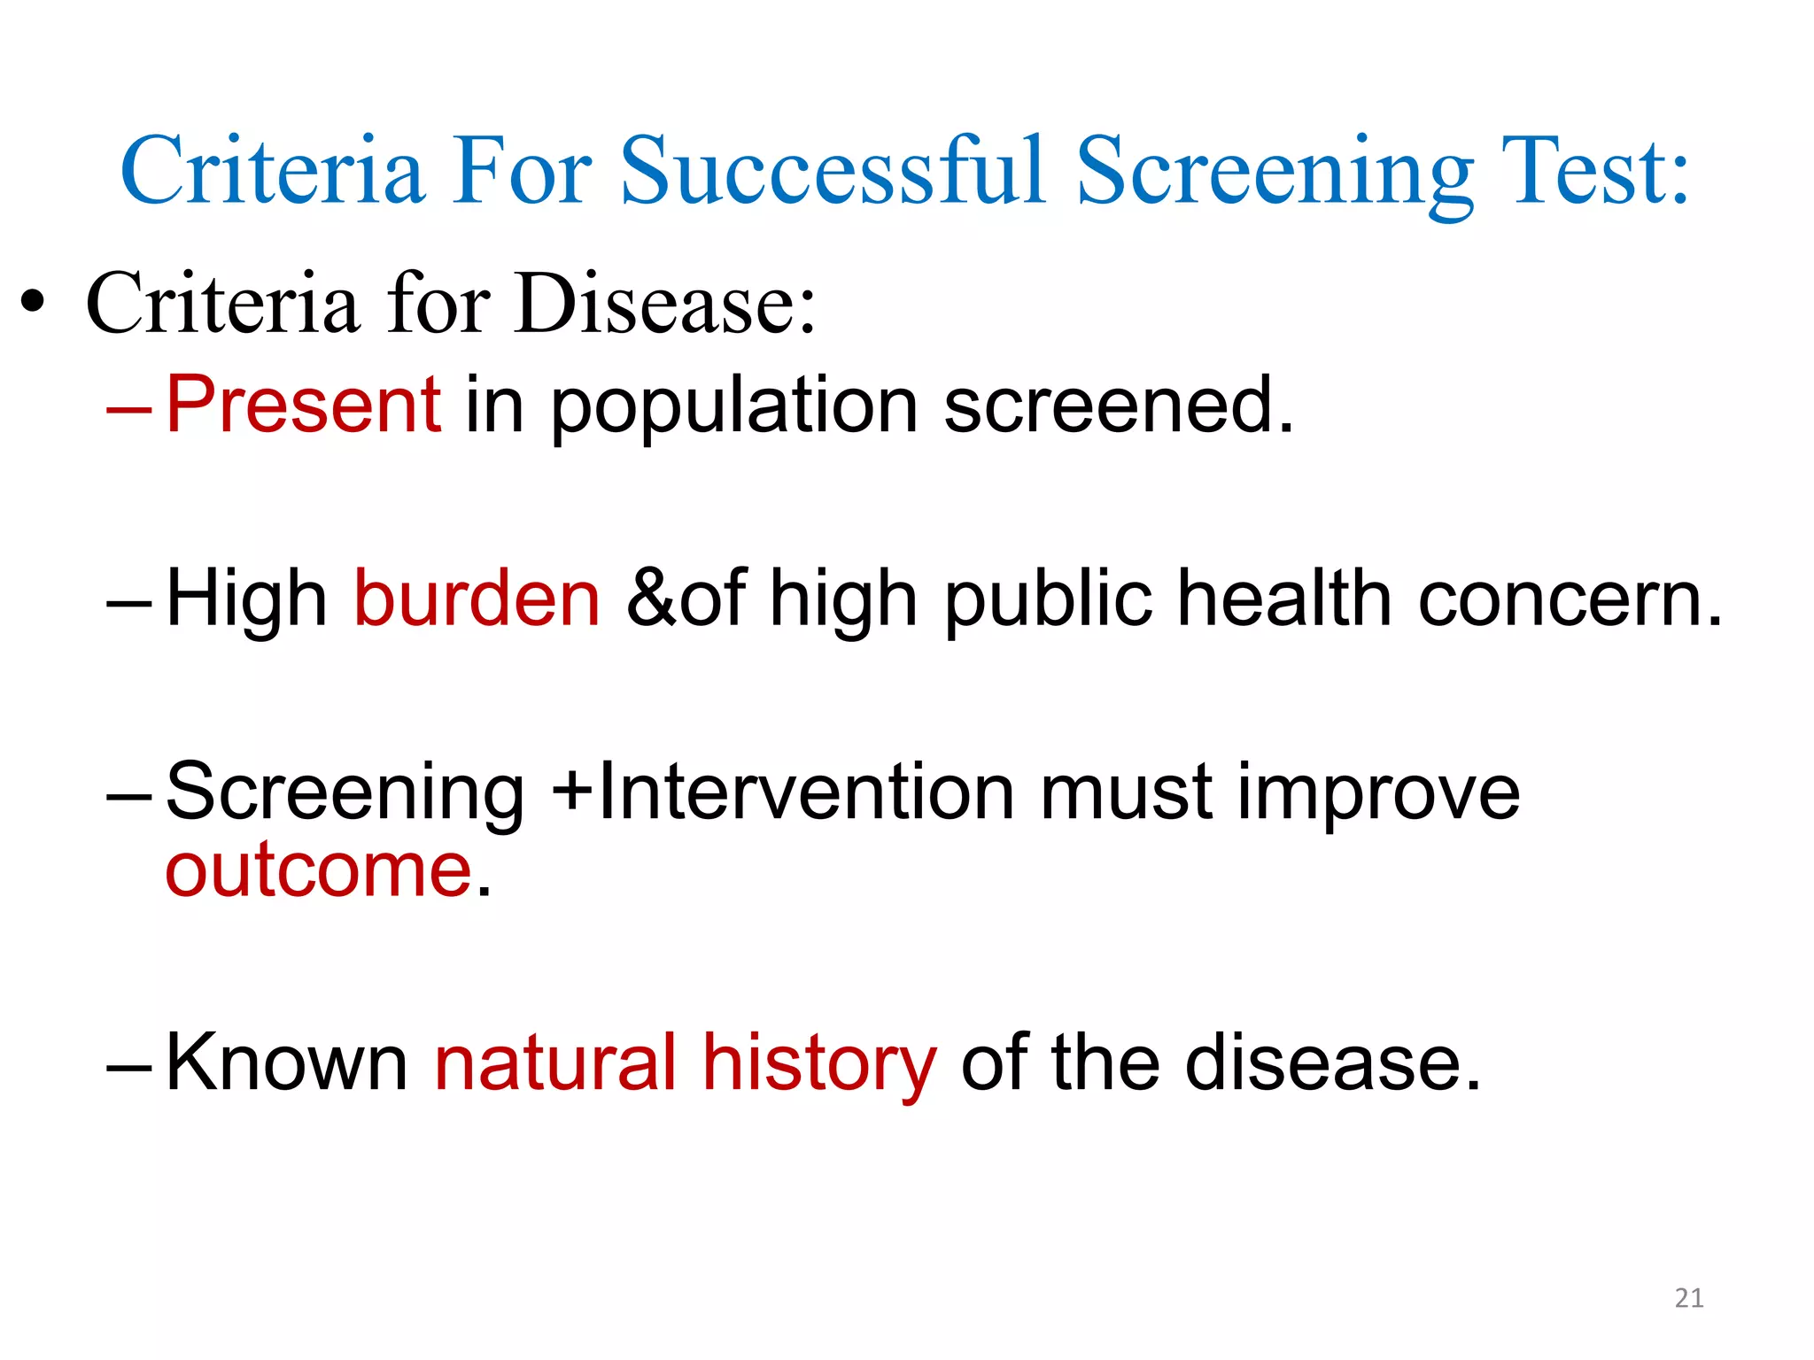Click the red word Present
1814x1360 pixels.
pos(304,405)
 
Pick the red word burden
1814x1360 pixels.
pos(477,599)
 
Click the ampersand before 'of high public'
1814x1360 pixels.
pos(651,599)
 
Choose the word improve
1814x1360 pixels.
pos(1378,793)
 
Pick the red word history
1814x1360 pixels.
pos(818,1063)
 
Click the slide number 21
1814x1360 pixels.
pos(1689,1298)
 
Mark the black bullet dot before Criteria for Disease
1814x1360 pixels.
pos(33,304)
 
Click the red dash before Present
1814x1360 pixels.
pos(129,409)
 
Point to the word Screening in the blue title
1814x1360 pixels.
pos(1275,173)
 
